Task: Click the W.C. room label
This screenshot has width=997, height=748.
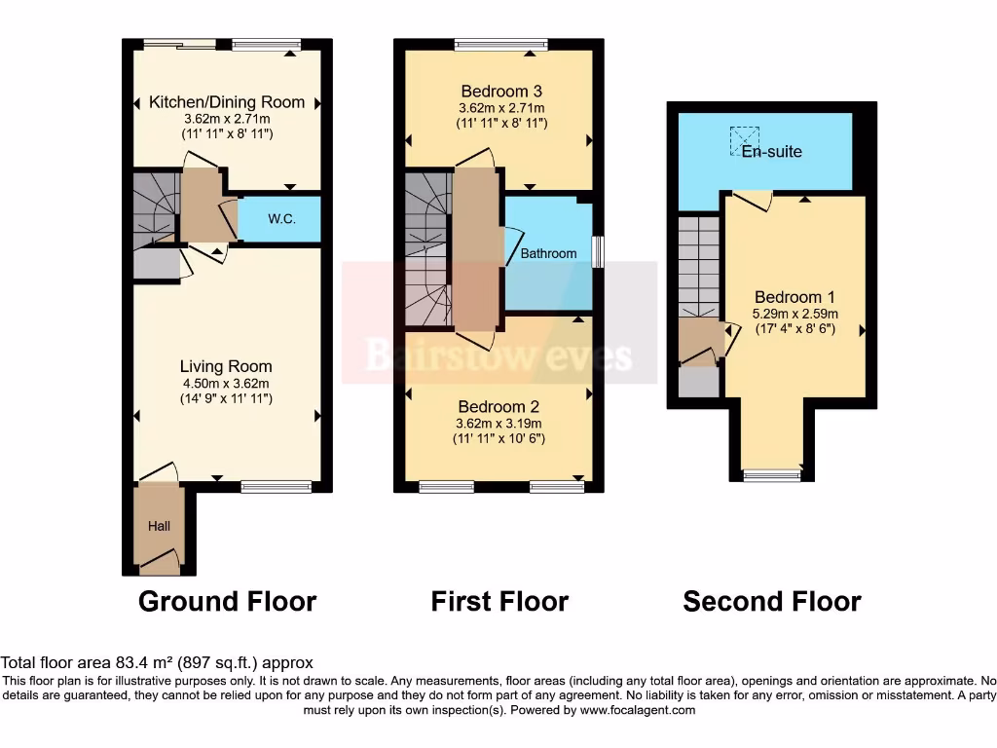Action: click(x=281, y=219)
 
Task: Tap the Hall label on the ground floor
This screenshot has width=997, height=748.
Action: click(x=159, y=526)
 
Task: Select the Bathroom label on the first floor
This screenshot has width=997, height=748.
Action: click(x=548, y=253)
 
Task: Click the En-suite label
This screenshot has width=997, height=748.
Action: click(x=772, y=152)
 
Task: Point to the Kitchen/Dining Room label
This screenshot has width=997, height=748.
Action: click(x=227, y=102)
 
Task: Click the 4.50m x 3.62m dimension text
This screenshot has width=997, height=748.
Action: click(x=226, y=383)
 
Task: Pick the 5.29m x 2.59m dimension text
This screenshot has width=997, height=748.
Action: click(x=795, y=314)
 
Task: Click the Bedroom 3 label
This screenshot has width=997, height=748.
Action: click(x=500, y=92)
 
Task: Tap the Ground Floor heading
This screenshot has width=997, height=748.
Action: click(x=227, y=601)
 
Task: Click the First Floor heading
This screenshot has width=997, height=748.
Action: click(x=499, y=601)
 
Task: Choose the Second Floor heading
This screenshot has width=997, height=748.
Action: click(x=772, y=601)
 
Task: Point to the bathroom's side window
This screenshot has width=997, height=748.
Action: click(x=598, y=250)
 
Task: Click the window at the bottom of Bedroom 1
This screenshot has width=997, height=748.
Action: click(x=771, y=475)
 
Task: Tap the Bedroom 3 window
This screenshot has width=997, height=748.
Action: click(x=500, y=44)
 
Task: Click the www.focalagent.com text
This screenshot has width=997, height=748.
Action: click(x=638, y=711)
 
